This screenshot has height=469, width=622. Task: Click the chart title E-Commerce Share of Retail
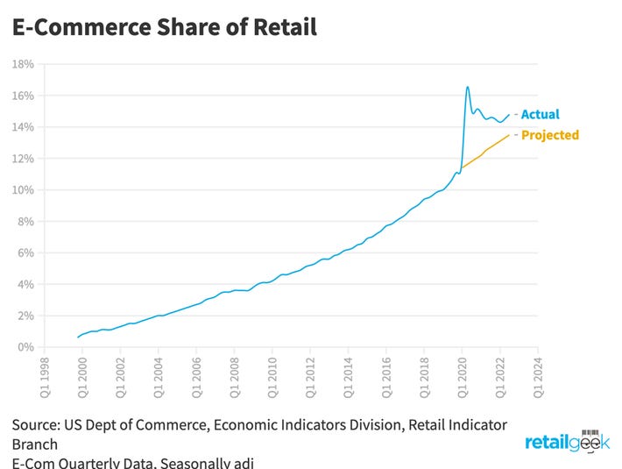tap(164, 26)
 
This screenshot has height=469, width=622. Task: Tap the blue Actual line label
tap(540, 114)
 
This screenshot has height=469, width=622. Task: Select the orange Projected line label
tap(549, 135)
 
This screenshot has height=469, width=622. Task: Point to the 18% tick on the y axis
tap(23, 64)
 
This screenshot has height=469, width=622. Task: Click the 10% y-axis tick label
tap(23, 190)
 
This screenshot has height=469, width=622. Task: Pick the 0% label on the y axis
tap(25, 347)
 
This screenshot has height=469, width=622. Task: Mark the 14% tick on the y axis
tap(23, 127)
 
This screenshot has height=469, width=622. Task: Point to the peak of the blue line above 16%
tap(468, 87)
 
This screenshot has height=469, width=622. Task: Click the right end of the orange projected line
tap(509, 134)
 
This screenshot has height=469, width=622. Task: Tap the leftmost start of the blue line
tap(78, 338)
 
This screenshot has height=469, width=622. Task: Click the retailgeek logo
tap(567, 443)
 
